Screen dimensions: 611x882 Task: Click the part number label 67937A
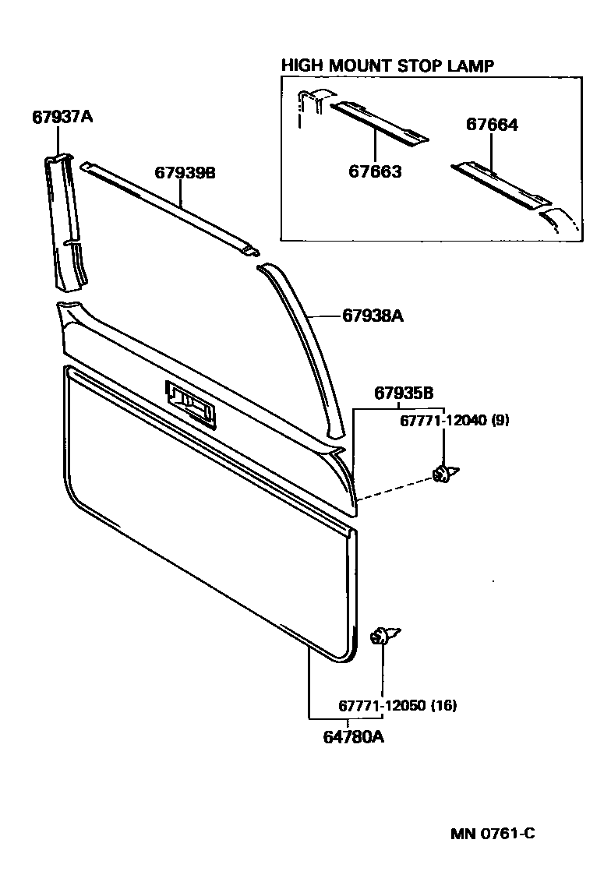pyautogui.click(x=62, y=118)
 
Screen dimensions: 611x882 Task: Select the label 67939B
pyautogui.click(x=185, y=173)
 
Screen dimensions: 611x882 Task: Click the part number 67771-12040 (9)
pyautogui.click(x=444, y=420)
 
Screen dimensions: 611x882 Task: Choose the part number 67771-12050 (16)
pyautogui.click(x=397, y=706)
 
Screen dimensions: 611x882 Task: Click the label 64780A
pyautogui.click(x=354, y=735)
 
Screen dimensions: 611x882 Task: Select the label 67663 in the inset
pyautogui.click(x=375, y=171)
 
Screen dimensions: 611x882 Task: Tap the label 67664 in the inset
pyautogui.click(x=493, y=124)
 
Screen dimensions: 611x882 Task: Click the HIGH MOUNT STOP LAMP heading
pyautogui.click(x=387, y=65)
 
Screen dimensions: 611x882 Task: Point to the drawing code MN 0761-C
pyautogui.click(x=493, y=834)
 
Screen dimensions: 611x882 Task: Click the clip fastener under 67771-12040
pyautogui.click(x=445, y=473)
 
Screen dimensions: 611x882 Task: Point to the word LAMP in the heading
pyautogui.click(x=471, y=65)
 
